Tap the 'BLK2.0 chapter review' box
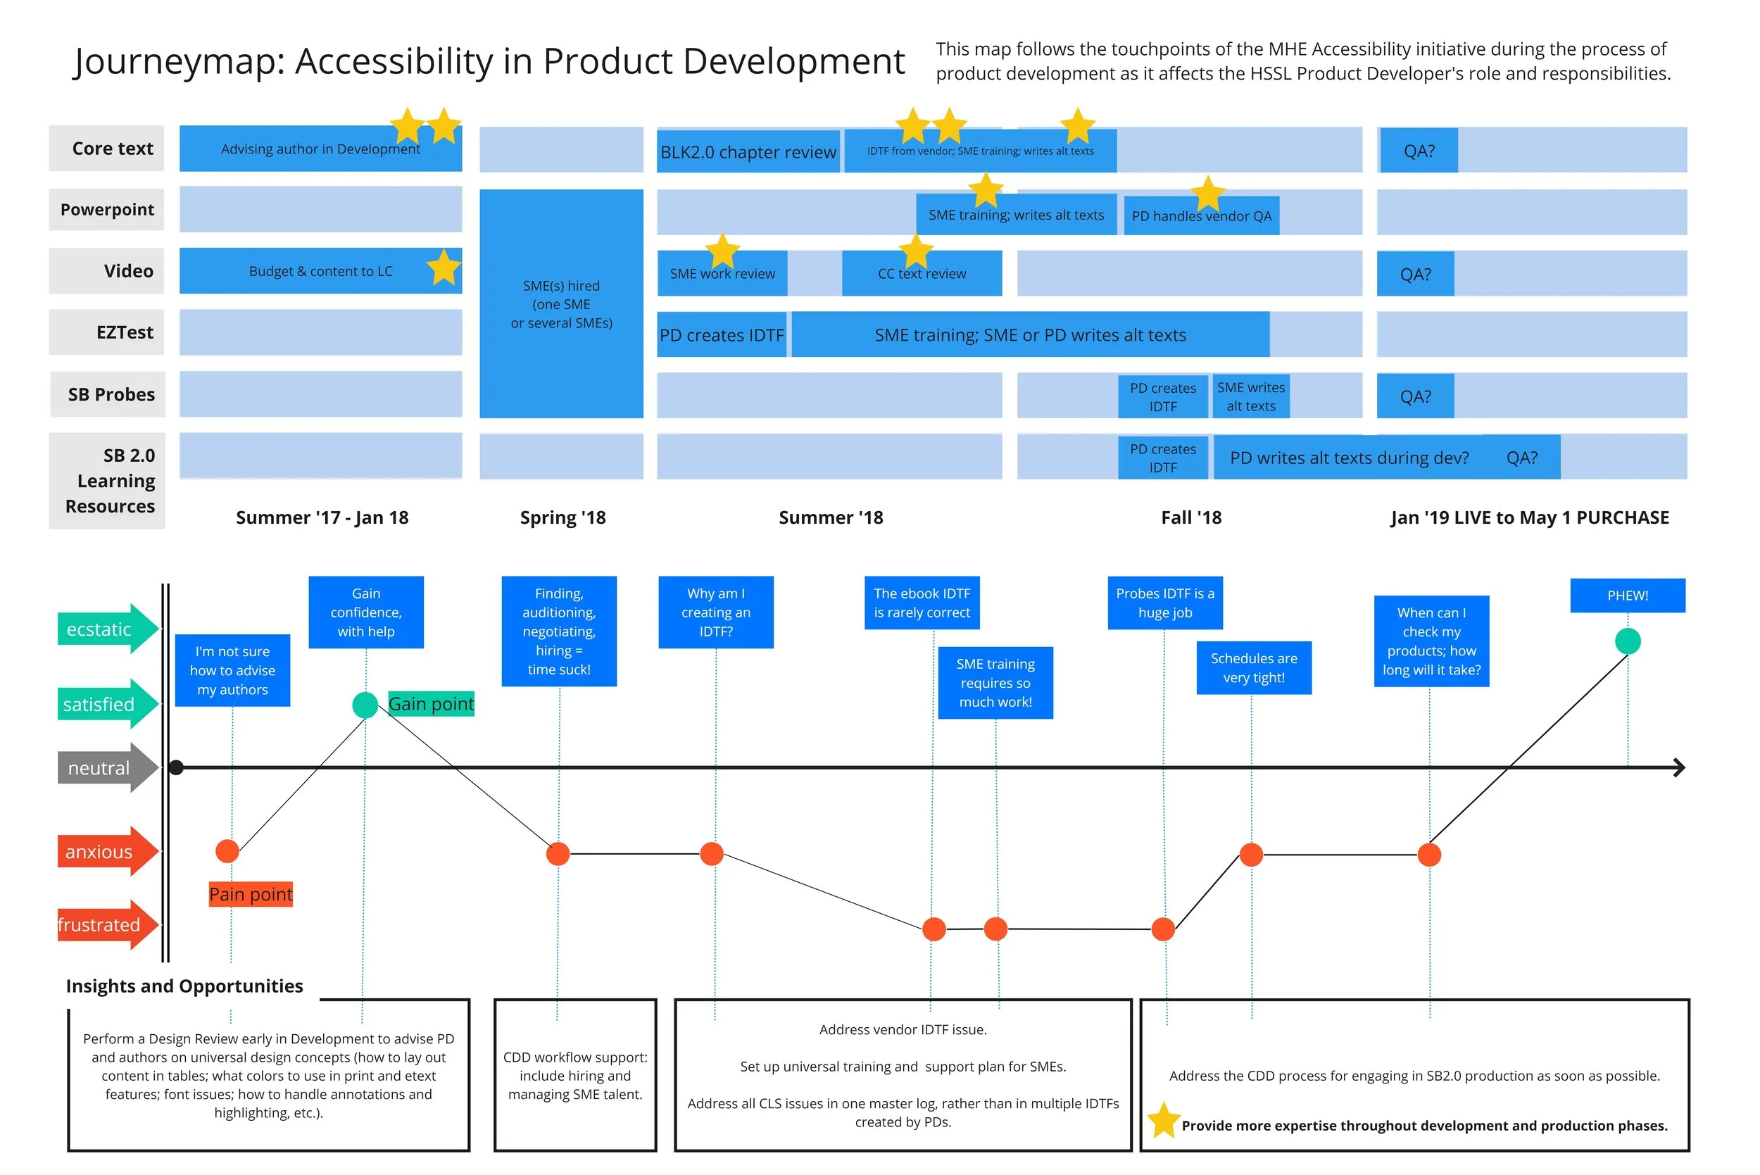point(747,152)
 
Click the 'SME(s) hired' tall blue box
point(561,303)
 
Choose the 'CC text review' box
point(922,274)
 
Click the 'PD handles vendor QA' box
point(1201,216)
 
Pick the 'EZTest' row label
point(107,333)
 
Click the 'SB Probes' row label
point(108,394)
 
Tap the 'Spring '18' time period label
point(562,518)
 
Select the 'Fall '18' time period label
point(1190,518)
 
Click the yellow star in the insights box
point(1163,1120)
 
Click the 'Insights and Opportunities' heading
point(184,986)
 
